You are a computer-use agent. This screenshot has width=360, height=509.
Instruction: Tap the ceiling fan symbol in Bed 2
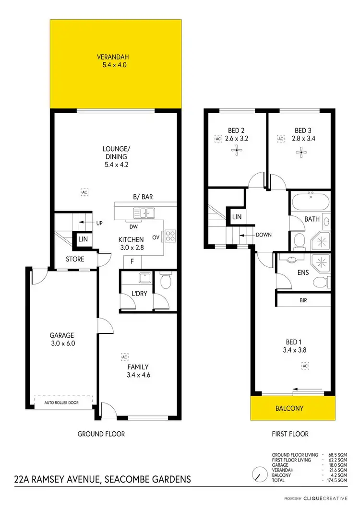[236, 152]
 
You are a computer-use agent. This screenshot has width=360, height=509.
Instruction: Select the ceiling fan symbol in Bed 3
[300, 154]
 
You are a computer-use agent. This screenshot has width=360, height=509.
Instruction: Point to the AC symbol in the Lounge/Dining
[84, 192]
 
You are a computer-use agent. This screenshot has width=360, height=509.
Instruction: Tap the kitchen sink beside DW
[144, 213]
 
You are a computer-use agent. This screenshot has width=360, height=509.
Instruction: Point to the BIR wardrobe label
[302, 300]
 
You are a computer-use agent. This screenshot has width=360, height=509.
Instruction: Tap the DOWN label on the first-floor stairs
[264, 235]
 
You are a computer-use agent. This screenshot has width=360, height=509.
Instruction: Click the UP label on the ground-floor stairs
[99, 223]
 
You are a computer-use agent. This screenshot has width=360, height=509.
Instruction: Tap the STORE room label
[75, 259]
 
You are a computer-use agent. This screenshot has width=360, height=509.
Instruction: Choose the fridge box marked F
[132, 262]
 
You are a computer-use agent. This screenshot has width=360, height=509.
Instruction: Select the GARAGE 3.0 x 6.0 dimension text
[62, 343]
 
